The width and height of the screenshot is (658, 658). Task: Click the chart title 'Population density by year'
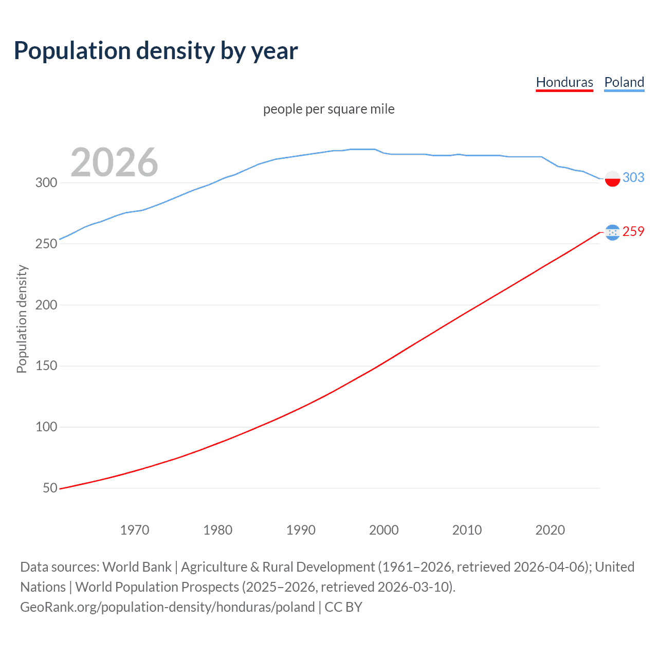156,51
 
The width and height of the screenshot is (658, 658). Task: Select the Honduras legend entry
564,82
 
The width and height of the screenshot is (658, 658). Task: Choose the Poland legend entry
624,82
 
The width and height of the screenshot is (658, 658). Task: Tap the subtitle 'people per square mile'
328,109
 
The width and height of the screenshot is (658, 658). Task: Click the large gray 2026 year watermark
114,162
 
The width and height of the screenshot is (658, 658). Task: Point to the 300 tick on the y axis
46,182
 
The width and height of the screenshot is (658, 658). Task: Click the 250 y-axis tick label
46,244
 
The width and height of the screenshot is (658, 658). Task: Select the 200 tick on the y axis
46,305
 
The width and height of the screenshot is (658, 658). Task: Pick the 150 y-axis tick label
46,366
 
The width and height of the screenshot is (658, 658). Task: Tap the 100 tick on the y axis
46,427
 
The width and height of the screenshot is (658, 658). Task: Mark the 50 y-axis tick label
50,488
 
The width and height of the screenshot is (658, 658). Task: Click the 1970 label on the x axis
135,530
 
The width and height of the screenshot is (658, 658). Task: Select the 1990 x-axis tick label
301,530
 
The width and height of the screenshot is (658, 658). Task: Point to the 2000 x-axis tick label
384,530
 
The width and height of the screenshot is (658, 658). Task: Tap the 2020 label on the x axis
550,530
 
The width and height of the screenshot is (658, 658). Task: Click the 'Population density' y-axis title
22,319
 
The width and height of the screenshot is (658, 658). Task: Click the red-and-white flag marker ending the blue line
612,178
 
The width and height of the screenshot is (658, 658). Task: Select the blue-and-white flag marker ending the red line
612,232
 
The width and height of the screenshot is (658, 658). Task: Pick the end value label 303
633,177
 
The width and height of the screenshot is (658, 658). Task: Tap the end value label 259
633,231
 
